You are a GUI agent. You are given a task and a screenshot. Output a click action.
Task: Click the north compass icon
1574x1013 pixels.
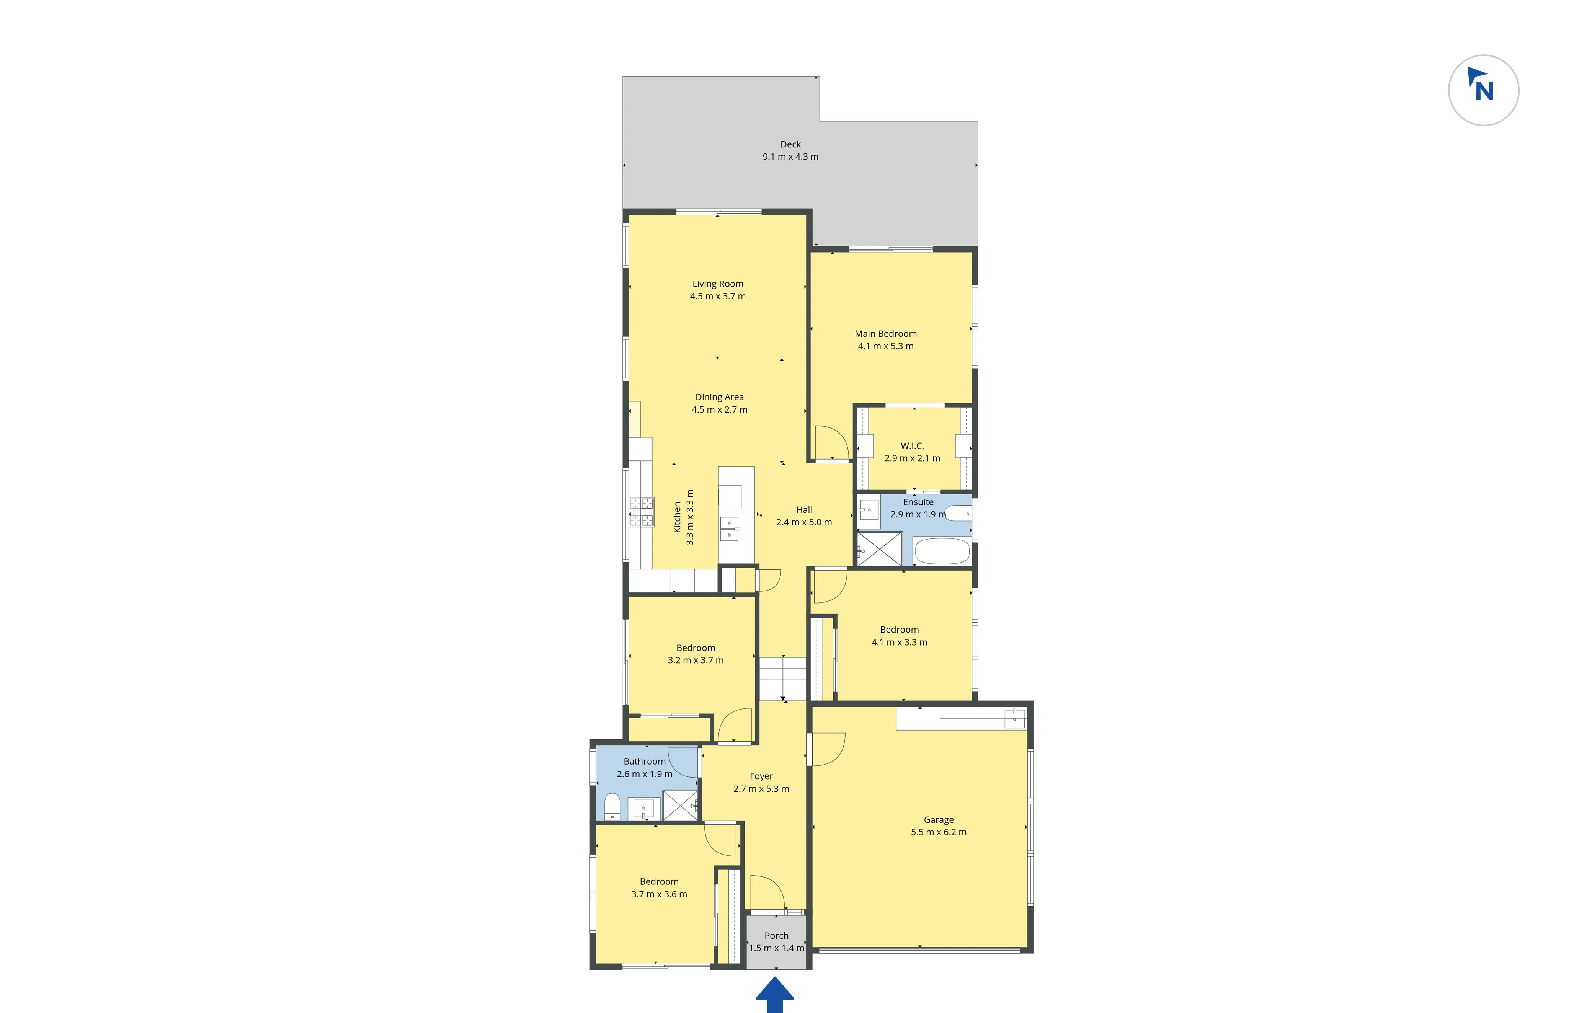click(1483, 90)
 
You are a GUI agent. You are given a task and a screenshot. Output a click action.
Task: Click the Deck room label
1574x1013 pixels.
click(790, 144)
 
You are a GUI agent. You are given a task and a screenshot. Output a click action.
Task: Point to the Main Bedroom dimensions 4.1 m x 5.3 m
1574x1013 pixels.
click(885, 346)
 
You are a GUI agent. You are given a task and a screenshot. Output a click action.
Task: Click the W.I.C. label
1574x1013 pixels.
click(912, 446)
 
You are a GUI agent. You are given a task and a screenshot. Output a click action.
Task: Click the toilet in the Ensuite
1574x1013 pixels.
click(959, 513)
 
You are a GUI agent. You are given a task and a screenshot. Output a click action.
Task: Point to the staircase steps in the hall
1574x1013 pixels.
click(783, 679)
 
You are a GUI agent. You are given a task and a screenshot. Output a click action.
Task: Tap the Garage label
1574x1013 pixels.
click(939, 820)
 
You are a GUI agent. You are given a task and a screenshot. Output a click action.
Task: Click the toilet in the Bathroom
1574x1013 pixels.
click(612, 806)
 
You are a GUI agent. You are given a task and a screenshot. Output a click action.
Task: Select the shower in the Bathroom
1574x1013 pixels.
click(679, 805)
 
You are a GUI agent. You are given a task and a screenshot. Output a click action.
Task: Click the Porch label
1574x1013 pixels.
click(776, 935)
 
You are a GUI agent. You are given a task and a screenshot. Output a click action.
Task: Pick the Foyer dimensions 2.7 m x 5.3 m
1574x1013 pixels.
click(761, 789)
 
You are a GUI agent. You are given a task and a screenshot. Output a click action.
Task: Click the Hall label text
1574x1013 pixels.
click(804, 510)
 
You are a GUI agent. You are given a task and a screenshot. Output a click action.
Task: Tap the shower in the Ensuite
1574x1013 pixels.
click(879, 549)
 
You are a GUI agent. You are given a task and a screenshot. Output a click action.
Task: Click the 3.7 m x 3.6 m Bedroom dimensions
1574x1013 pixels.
click(659, 894)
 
